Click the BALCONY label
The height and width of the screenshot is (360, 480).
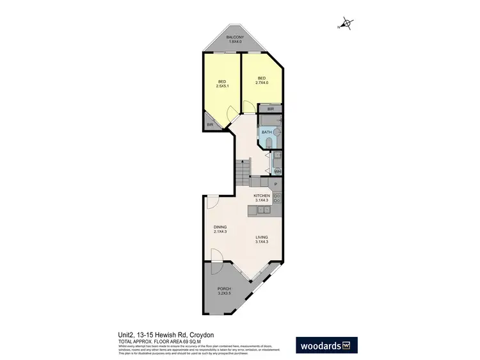(234, 38)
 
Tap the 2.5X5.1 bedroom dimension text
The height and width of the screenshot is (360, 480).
(222, 86)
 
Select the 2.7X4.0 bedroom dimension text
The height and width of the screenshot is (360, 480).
(262, 83)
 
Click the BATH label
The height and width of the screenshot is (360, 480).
(266, 131)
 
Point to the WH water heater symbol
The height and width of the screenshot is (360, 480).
(277, 171)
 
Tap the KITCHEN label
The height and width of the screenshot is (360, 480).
(262, 195)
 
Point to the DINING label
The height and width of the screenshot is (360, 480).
(221, 227)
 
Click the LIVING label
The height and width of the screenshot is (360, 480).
(261, 238)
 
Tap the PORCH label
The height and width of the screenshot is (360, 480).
(224, 289)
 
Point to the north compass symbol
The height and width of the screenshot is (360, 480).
(346, 24)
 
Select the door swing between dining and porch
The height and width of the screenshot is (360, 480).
(216, 256)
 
